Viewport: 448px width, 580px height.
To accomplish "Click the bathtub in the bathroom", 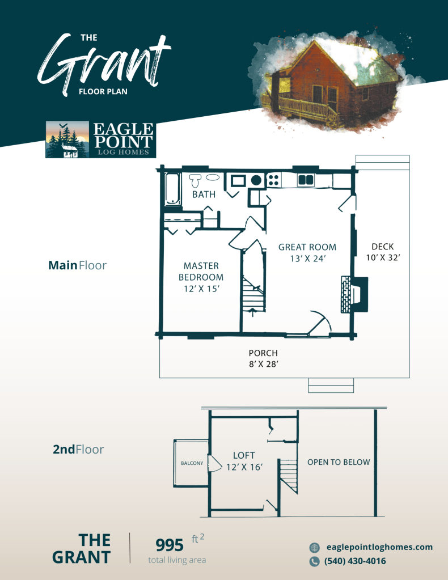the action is tap(173, 189).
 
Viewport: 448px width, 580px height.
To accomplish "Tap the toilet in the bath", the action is tap(195, 180).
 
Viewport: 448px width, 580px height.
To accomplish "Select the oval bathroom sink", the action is tap(212, 177).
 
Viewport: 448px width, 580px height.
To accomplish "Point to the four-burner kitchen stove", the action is tap(273, 180).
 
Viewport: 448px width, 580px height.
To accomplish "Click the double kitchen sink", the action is tap(306, 180).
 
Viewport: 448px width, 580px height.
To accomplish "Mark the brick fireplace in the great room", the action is tap(354, 294).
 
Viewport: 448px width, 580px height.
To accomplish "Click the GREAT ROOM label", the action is tap(307, 247).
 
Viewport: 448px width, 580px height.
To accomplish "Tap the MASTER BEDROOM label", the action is tap(201, 272).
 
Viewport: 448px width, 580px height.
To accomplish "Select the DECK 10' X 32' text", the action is tap(383, 252).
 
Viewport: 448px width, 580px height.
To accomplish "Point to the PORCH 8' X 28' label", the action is tap(263, 358).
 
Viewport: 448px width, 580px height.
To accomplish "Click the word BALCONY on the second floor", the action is tap(192, 463).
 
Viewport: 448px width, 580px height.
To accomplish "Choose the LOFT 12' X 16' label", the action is tap(244, 461).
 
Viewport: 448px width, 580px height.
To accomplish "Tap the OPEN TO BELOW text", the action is tap(339, 462).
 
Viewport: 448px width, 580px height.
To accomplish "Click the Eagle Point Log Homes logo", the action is tap(100, 139).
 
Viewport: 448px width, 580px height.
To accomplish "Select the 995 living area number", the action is tap(170, 545).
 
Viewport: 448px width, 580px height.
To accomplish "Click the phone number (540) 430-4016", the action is tap(355, 561).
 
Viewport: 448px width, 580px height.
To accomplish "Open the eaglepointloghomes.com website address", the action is tap(379, 547).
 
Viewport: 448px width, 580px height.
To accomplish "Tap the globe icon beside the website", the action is tap(315, 548).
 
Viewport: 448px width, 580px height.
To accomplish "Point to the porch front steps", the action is tap(331, 385).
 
